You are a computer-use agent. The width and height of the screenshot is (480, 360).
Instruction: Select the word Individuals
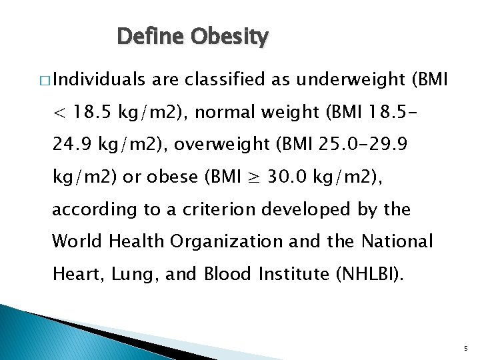tap(99, 81)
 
